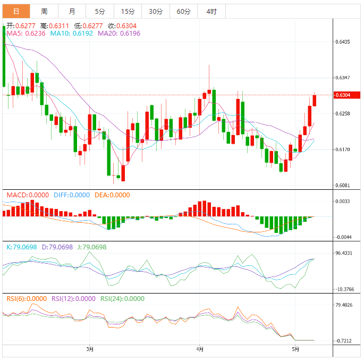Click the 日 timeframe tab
[16, 11]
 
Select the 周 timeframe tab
[44, 11]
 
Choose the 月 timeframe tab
[72, 11]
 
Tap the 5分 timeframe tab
[100, 11]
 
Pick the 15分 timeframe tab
[128, 11]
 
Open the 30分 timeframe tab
[156, 11]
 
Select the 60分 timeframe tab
[183, 11]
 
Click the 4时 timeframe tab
[211, 11]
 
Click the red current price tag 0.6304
[343, 95]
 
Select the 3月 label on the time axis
[90, 349]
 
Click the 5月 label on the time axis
[295, 349]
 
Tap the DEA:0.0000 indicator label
[112, 195]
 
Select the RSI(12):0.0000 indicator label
[73, 299]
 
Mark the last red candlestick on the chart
[315, 100]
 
